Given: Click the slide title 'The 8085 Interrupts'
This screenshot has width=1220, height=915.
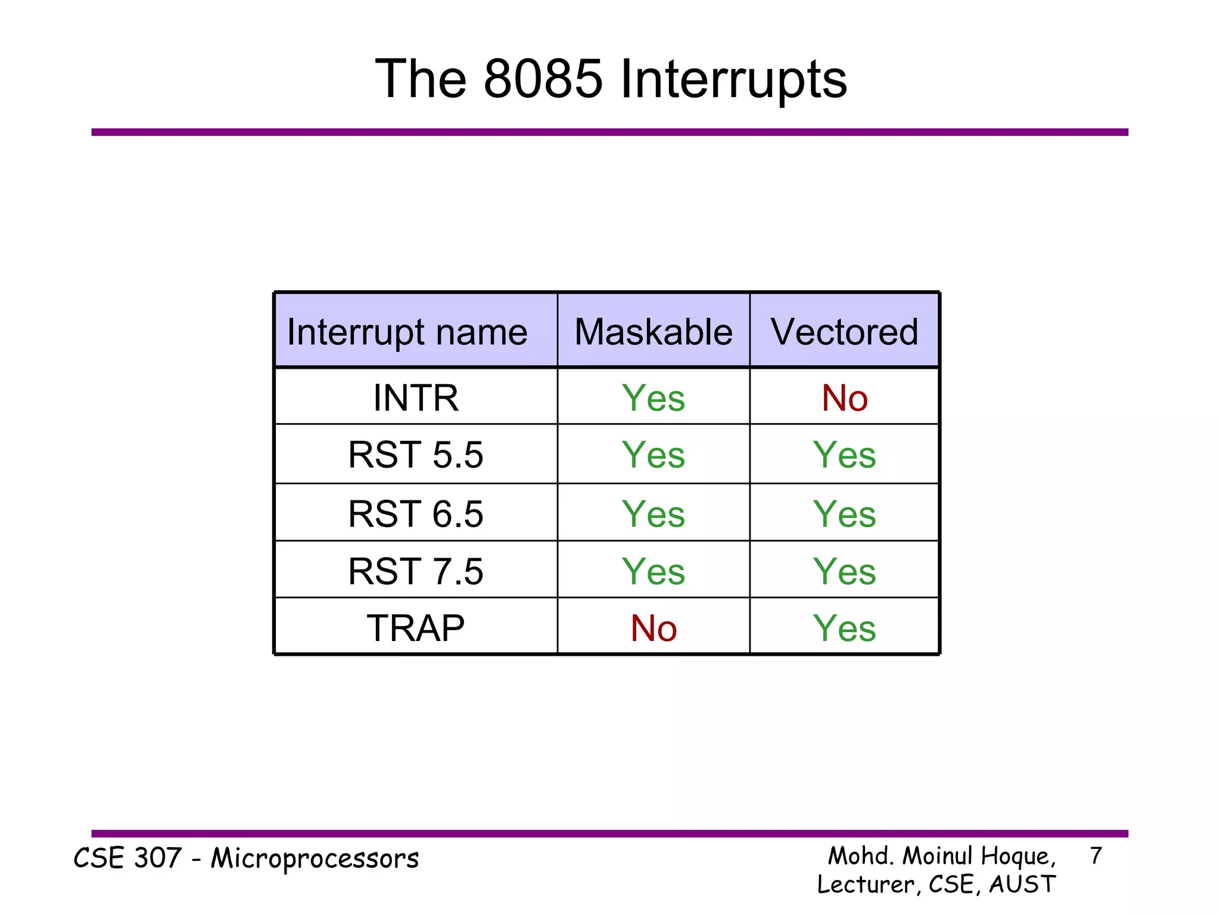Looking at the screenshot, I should pos(611,79).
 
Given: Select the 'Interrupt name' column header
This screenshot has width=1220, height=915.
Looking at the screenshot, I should pos(407,332).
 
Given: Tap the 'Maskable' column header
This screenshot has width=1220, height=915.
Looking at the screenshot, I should pos(653,332).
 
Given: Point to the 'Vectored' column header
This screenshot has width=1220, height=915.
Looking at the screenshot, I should pos(844,332).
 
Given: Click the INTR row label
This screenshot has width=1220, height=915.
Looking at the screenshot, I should pos(416,397).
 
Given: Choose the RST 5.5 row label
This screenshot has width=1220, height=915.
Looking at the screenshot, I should pos(416,455).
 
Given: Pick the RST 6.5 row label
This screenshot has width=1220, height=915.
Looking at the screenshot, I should pos(416,513).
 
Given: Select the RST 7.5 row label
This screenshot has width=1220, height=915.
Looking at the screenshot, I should pos(416,571).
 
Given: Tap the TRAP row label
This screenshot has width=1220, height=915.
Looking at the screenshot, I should pos(416,627).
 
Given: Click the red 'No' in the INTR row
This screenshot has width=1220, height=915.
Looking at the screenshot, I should pos(844,397).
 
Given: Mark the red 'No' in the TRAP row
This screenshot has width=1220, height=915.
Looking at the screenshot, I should pos(653,628).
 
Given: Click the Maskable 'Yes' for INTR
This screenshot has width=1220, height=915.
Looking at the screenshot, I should pos(653,397).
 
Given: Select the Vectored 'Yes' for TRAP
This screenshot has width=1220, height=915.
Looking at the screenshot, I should pos(844,628).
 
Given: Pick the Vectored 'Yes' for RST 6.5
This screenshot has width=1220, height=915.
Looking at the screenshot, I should pos(844,513).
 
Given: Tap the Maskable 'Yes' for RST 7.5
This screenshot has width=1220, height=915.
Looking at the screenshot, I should pos(653,571).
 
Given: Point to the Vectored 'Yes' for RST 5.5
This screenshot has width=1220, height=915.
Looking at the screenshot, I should pos(844,455).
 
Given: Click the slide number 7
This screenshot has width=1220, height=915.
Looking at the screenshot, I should pos(1095,856).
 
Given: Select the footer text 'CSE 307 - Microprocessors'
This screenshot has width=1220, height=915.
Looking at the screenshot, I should pos(246,858).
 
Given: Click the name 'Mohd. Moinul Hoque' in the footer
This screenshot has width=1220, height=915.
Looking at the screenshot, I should pos(941,856).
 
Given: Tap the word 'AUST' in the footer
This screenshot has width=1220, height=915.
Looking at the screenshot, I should pos(1022,884).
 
